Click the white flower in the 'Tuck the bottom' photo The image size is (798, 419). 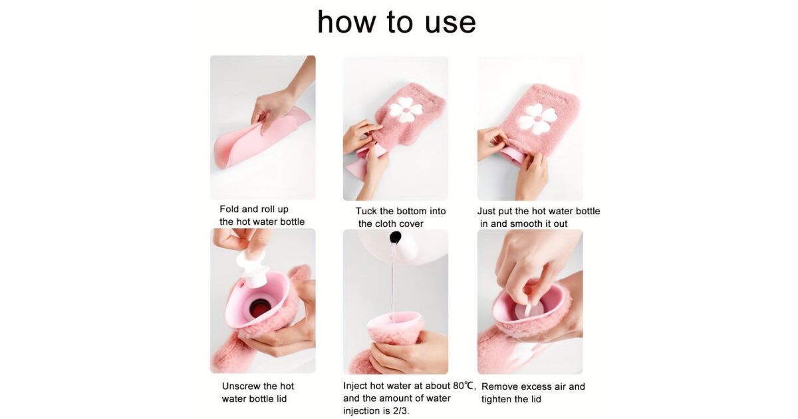pos(405,109)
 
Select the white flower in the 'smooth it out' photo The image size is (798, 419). pos(537,119)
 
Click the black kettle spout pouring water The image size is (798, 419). pos(396,237)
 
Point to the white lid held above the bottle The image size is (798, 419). pos(251,268)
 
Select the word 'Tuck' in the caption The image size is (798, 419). pos(366,211)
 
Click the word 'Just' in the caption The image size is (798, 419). pos(486,211)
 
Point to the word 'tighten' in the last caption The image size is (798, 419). pos(498,400)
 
